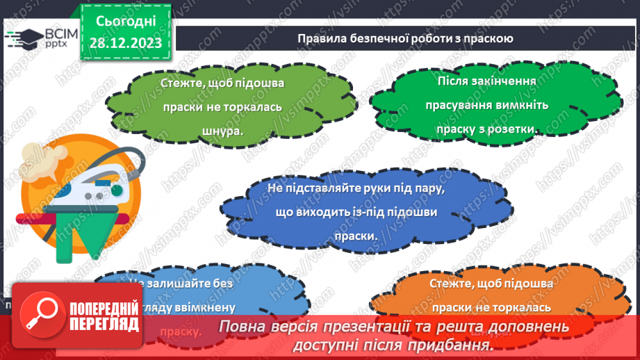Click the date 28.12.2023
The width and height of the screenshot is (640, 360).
(x=125, y=44)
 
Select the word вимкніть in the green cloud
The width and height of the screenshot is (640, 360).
(x=520, y=105)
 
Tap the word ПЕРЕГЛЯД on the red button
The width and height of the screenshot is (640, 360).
(x=103, y=325)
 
